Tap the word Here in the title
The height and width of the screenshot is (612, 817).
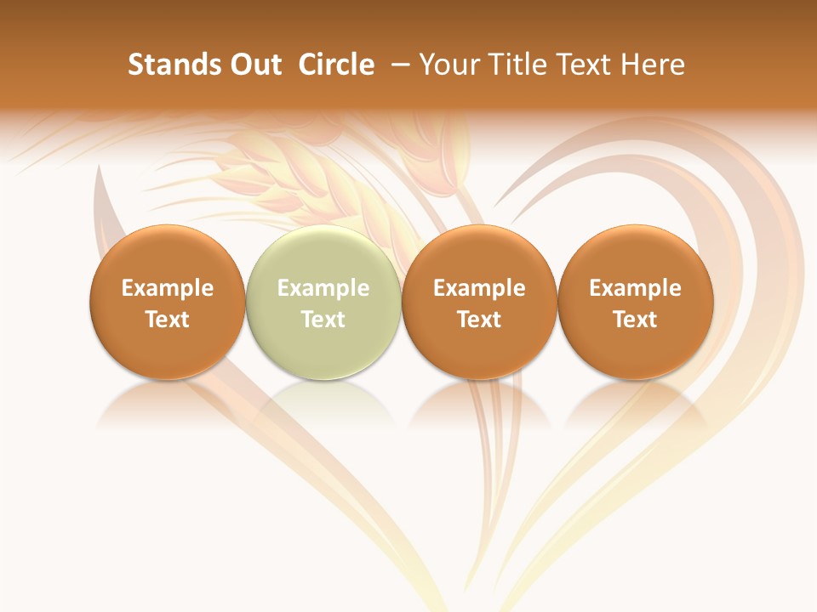click(x=654, y=65)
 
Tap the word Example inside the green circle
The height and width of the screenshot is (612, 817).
click(x=323, y=288)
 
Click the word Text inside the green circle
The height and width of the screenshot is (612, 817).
click(x=323, y=320)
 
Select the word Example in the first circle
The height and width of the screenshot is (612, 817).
click(x=167, y=288)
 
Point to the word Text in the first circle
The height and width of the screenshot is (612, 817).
click(x=167, y=320)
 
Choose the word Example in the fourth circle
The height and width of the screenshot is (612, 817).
click(x=635, y=288)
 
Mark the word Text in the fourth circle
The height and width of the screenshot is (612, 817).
click(x=635, y=320)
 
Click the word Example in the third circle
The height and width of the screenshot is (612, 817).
click(x=479, y=288)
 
